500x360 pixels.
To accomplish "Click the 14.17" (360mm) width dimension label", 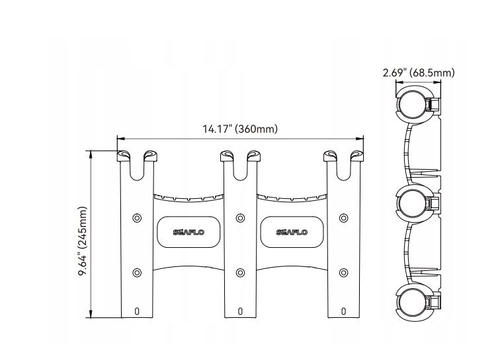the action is [240, 129].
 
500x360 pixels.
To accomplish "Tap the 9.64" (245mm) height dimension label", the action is [82, 241].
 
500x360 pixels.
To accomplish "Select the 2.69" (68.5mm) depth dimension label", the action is [419, 73].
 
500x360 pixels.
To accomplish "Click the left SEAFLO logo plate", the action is [189, 232].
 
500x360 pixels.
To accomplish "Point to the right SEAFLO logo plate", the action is [292, 232].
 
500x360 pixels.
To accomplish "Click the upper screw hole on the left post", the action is [137, 218].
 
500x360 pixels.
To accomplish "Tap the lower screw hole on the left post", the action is [137, 273].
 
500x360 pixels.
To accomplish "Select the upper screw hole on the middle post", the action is [240, 218].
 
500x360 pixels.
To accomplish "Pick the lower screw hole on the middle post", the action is [240, 273].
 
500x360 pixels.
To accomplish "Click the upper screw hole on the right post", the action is [344, 218].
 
